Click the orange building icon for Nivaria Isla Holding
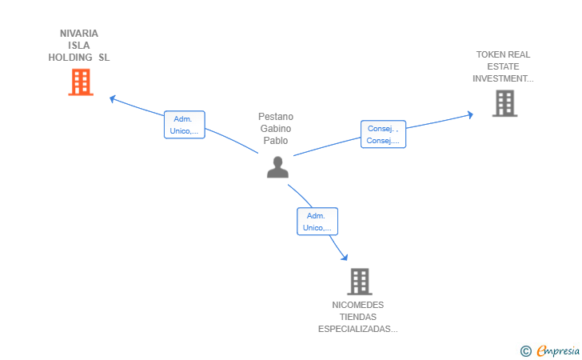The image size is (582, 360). point(81,82)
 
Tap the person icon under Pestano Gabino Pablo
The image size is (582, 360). point(277,166)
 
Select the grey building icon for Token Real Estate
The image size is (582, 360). point(504,103)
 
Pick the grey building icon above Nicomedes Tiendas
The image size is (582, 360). point(360,281)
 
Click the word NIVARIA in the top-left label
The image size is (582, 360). point(79,34)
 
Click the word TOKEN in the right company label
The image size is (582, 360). point(492,54)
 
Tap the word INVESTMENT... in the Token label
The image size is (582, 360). point(503,78)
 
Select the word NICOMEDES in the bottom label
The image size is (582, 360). point(358,305)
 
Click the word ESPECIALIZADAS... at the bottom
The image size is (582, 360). point(358,329)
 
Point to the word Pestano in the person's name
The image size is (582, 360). point(276,117)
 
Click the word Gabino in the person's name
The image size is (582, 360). point(276,129)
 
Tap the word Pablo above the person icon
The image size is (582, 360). point(276,141)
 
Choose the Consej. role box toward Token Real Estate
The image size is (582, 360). point(383,134)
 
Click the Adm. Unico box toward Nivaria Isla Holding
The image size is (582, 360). point(185,125)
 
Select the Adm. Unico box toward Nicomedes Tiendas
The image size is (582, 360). point(317,222)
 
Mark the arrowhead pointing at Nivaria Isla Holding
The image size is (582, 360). point(113,99)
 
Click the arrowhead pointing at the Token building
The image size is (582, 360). point(469,115)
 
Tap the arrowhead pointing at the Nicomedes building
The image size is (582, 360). point(345,257)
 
